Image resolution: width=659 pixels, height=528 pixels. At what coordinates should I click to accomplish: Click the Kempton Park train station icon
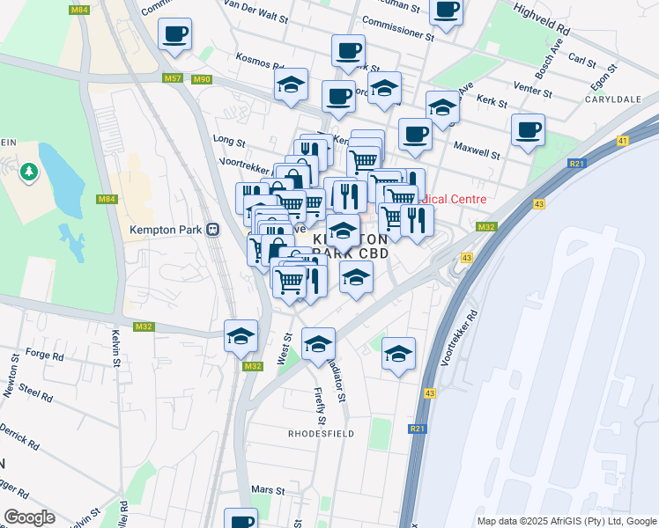(x=212, y=230)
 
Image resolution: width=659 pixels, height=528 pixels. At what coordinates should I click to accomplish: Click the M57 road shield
(x=173, y=79)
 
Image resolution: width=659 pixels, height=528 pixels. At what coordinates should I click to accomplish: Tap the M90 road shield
(x=202, y=79)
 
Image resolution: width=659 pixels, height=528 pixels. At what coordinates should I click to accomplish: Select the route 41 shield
(x=623, y=141)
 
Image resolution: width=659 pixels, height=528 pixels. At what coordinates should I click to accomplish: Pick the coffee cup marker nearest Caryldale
(x=528, y=130)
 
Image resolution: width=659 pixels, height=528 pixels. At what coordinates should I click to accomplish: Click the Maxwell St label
(x=477, y=150)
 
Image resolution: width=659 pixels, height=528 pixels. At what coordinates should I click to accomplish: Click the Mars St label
(x=269, y=490)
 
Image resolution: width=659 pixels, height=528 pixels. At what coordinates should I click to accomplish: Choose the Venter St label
(x=533, y=91)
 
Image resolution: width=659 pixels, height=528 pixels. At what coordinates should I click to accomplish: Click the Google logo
(x=29, y=517)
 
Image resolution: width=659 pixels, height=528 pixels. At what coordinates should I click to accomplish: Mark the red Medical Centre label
(x=455, y=199)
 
